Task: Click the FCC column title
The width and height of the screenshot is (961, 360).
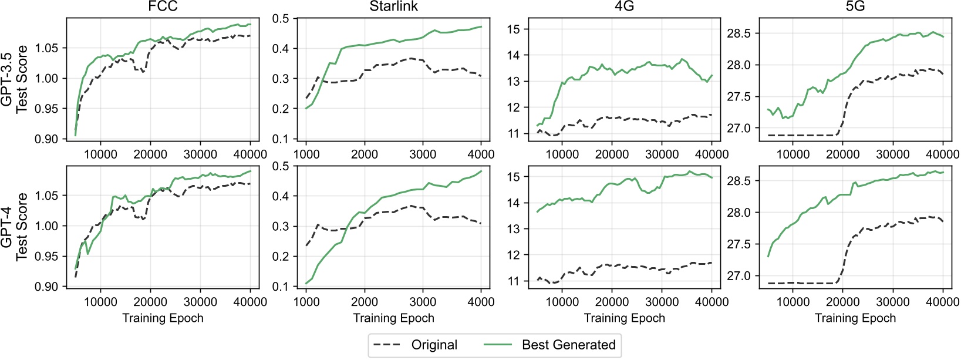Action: point(163,7)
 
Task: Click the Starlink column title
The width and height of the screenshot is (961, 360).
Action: point(393,7)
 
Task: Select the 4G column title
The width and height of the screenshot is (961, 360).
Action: point(624,7)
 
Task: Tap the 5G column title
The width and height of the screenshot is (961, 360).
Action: point(855,7)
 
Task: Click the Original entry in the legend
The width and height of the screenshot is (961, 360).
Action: point(434,345)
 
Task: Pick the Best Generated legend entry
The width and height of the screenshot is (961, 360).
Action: point(568,345)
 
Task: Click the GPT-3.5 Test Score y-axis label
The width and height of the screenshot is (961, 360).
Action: point(14,79)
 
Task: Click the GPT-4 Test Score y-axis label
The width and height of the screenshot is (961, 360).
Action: point(14,227)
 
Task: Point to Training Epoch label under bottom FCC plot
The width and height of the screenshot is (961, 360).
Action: point(163,318)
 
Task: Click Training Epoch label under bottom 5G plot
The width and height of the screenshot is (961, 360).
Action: point(855,318)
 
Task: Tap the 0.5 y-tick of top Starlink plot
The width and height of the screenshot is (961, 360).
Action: point(281,19)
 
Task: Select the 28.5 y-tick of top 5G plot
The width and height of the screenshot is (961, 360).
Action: point(739,33)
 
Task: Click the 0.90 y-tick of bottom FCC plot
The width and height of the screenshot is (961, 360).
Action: point(47,287)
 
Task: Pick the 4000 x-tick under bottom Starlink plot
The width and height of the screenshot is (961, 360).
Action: point(481,302)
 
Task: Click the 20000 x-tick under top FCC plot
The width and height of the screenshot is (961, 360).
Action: point(150,154)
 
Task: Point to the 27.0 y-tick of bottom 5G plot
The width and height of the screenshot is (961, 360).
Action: point(739,276)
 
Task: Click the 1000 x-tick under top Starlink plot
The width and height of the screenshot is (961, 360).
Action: point(306,154)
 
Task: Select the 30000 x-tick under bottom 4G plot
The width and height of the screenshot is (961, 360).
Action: point(662,302)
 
